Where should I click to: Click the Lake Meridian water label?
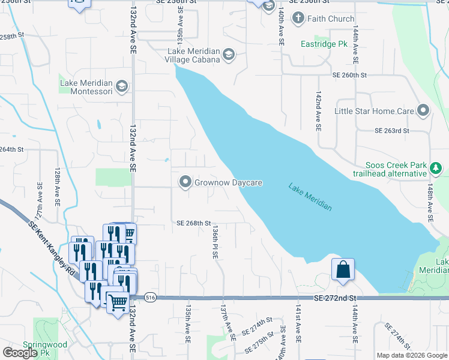tap(310, 196)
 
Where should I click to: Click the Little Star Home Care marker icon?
tap(423, 111)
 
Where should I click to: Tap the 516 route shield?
tap(149, 298)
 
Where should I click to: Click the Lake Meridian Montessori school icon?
tap(122, 86)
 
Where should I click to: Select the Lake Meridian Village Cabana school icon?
tap(228, 56)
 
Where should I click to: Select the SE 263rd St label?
tap(391, 130)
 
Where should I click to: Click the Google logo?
tap(20, 353)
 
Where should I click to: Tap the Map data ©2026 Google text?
tap(411, 355)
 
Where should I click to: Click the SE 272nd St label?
tap(335, 298)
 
